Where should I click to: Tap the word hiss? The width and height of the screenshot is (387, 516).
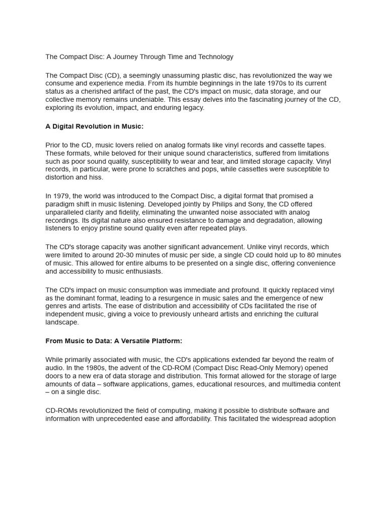click(97, 177)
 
